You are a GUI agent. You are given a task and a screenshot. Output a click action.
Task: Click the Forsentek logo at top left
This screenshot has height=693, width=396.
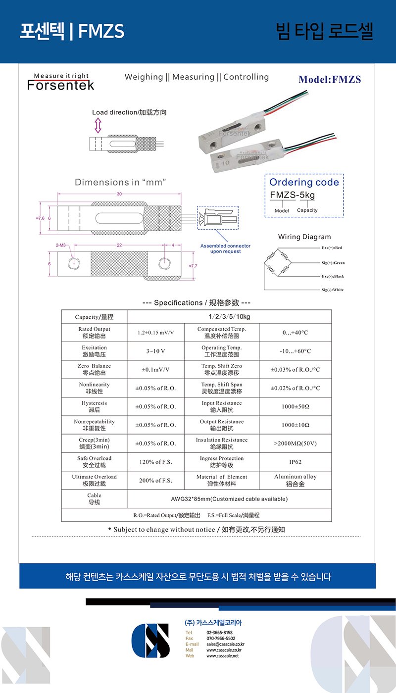[x=60, y=82]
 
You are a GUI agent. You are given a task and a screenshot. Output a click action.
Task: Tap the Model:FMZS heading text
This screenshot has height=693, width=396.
[x=330, y=79]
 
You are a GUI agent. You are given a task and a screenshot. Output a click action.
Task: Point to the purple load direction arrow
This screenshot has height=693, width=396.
[x=98, y=125]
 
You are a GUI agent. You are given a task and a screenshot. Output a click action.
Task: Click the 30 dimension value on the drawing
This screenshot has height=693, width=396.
[x=119, y=194]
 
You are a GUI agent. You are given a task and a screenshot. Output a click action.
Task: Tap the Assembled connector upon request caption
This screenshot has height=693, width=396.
[x=225, y=248]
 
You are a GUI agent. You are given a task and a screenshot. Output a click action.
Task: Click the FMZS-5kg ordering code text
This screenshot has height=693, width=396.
[x=292, y=195]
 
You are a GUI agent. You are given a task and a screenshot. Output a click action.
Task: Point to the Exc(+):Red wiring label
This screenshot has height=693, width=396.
[x=332, y=247]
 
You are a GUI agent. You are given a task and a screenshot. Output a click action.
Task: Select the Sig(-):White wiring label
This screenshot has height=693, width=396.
[x=332, y=290]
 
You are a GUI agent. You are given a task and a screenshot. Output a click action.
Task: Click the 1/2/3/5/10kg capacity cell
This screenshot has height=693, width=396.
[x=229, y=317]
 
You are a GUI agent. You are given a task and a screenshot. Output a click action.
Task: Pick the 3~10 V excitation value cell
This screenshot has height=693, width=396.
[x=155, y=351]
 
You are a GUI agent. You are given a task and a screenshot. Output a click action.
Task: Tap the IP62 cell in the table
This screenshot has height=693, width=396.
[x=295, y=462]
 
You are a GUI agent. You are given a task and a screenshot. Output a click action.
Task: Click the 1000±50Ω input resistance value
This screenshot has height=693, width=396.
[x=295, y=406]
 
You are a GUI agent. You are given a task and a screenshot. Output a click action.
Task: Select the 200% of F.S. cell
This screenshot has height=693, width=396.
[x=155, y=480]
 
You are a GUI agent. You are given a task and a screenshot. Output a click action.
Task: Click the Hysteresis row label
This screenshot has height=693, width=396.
[x=94, y=406]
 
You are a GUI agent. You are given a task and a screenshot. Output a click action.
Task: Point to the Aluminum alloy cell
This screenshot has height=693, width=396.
[x=295, y=480]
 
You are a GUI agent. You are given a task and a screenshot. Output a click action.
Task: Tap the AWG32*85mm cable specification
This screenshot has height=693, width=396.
[x=229, y=499]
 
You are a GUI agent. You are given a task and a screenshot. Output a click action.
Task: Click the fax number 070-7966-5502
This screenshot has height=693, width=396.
[x=221, y=639]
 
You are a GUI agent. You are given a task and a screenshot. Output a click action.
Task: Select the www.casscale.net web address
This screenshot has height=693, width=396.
[x=222, y=656]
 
